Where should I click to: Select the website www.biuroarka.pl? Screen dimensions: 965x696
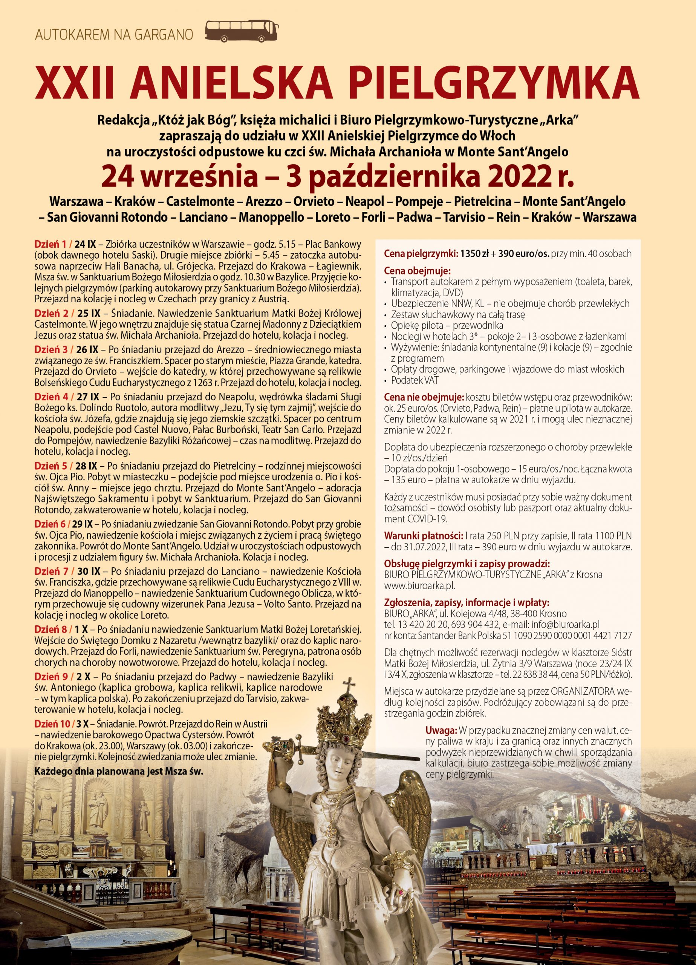(419, 585)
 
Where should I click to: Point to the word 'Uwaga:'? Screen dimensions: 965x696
(441, 731)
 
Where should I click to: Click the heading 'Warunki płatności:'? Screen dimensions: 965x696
(423, 535)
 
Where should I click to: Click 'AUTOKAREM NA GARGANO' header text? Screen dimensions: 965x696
(114, 35)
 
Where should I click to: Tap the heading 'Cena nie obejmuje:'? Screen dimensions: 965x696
(424, 397)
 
